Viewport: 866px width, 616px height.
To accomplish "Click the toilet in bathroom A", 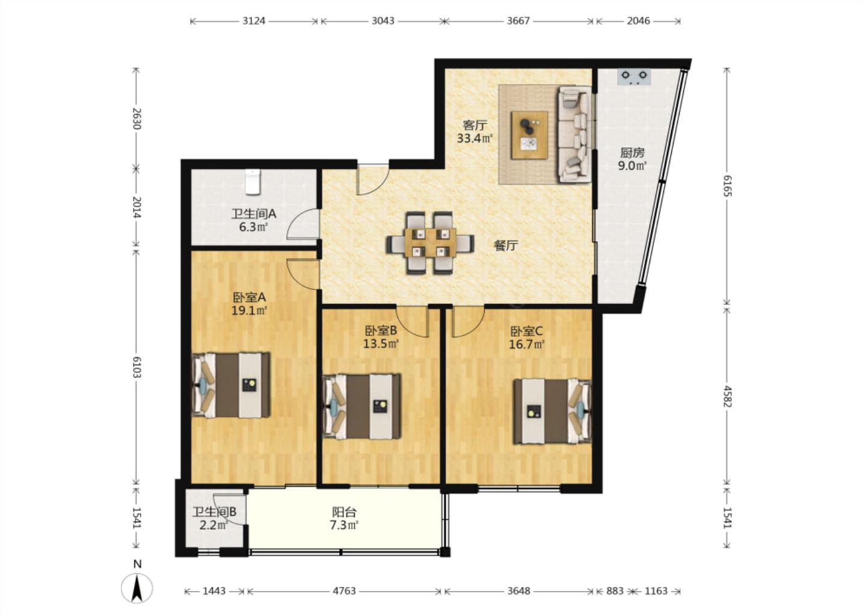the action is (253, 181).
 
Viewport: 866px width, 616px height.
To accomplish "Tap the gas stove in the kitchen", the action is (634, 76).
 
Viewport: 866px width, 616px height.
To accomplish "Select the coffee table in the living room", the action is (529, 135).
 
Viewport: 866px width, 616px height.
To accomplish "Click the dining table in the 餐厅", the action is (431, 242).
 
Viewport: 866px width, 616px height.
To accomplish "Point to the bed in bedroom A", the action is (231, 384).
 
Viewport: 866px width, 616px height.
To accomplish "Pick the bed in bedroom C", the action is (553, 411).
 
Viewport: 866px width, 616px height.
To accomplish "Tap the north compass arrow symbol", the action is (137, 588).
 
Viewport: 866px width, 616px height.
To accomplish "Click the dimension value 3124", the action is (254, 21).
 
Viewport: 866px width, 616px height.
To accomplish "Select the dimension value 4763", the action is (344, 591).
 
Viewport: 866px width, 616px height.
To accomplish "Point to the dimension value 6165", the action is (727, 186).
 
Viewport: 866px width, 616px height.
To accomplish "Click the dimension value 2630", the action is (137, 119).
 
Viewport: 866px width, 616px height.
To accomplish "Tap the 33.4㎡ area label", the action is (475, 138).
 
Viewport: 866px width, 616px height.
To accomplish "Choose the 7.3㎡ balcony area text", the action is (344, 525).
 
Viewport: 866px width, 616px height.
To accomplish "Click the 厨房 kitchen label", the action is (633, 153).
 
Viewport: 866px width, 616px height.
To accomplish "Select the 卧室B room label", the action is (381, 330).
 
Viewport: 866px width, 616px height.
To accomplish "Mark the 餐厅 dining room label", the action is (506, 245).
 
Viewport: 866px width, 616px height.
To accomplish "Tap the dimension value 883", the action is (615, 591).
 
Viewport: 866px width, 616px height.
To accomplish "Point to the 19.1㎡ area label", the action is (250, 310).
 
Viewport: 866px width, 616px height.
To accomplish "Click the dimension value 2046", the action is (638, 21).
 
